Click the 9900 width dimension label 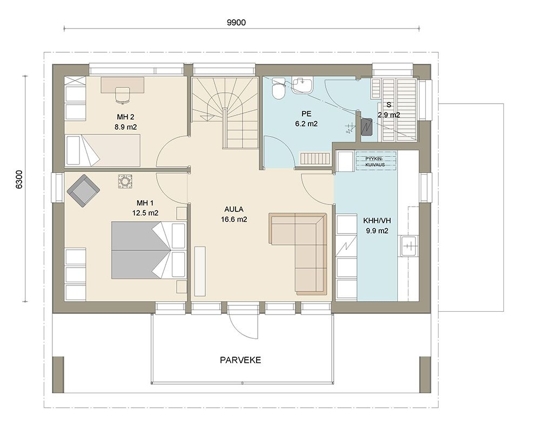pyautogui.click(x=236, y=23)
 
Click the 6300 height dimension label pyautogui.click(x=19, y=180)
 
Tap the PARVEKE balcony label pyautogui.click(x=240, y=360)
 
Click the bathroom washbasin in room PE pyautogui.click(x=302, y=85)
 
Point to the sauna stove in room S pyautogui.click(x=366, y=127)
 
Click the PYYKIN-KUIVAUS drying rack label pyautogui.click(x=375, y=161)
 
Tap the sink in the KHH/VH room pyautogui.click(x=408, y=246)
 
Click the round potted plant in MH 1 pyautogui.click(x=125, y=182)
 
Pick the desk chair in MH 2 pyautogui.click(x=122, y=95)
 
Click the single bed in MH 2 pyautogui.click(x=103, y=150)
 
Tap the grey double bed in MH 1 pyautogui.click(x=148, y=250)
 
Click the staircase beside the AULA pyautogui.click(x=225, y=112)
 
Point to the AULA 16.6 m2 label pyautogui.click(x=234, y=215)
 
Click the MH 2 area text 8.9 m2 pyautogui.click(x=125, y=127)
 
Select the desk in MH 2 pyautogui.click(x=122, y=85)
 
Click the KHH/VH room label pyautogui.click(x=377, y=221)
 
